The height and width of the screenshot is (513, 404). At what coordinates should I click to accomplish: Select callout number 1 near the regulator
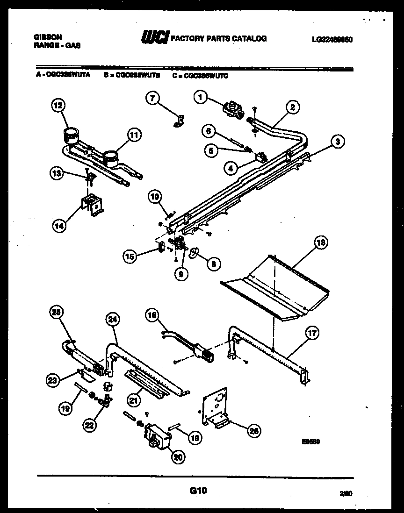tap(200, 98)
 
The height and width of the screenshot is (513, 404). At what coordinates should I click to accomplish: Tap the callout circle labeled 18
tap(320, 243)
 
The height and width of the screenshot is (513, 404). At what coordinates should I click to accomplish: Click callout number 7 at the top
tap(152, 98)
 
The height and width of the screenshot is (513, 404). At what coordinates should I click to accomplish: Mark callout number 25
tap(57, 313)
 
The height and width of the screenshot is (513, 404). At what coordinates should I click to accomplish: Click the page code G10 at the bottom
tap(198, 490)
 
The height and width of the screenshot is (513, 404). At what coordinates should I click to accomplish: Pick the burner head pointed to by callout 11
tap(111, 157)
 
